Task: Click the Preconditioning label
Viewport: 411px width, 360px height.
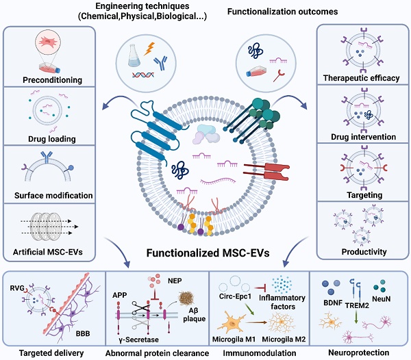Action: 53,80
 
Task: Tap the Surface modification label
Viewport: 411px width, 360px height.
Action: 53,196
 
